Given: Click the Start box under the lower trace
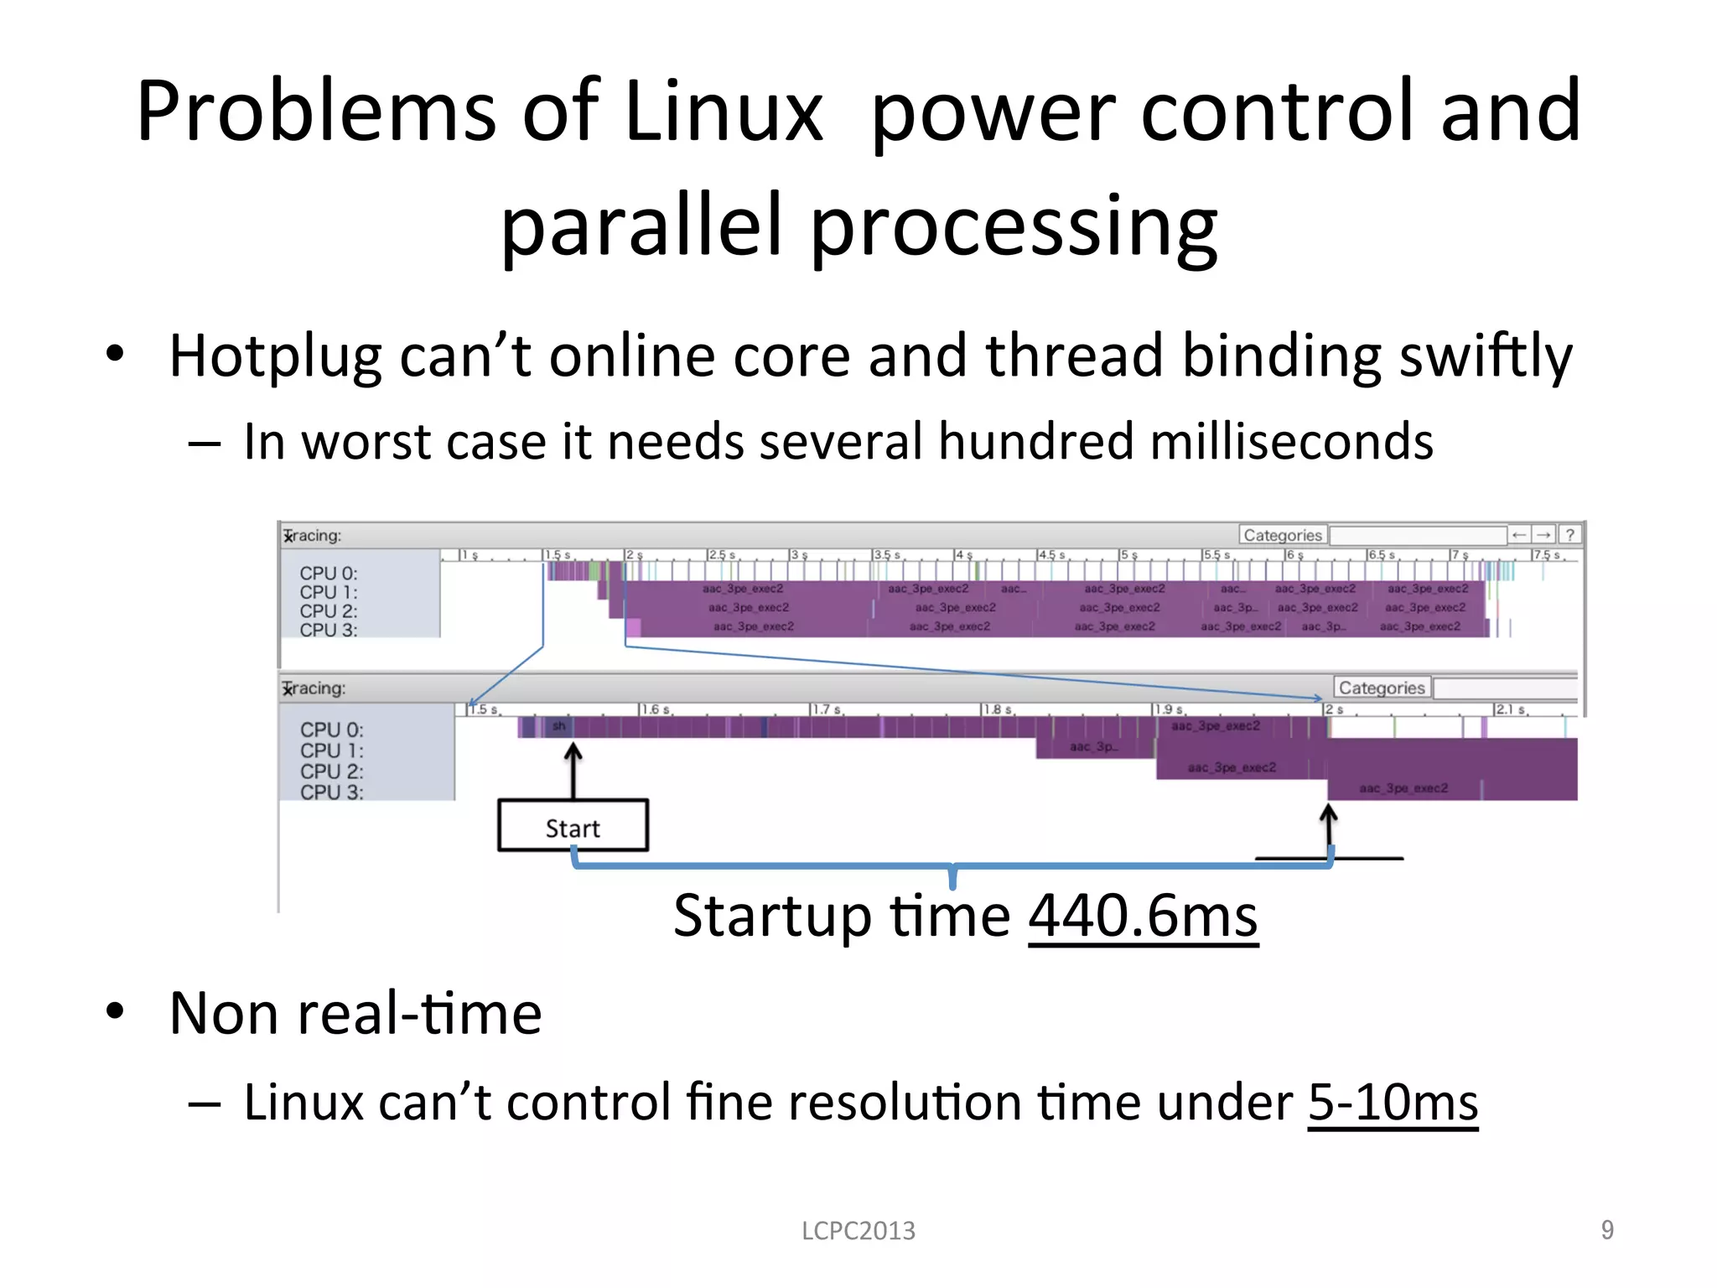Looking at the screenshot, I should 573,827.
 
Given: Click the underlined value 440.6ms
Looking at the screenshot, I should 1143,916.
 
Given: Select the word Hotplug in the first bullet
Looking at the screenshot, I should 275,356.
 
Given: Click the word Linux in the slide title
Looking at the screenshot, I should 724,112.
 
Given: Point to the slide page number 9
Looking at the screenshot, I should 1606,1229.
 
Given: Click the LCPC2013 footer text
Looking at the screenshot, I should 858,1230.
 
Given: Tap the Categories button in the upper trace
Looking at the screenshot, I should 1282,535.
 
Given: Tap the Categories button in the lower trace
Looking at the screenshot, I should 1381,688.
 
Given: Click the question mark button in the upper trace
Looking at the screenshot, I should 1569,534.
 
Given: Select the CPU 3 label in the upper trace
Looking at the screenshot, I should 329,630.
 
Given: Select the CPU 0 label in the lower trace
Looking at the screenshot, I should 332,730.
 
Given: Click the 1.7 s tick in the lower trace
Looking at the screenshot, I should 825,709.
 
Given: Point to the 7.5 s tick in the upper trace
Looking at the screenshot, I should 1546,555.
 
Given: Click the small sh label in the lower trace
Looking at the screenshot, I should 559,726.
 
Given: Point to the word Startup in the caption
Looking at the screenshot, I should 773,916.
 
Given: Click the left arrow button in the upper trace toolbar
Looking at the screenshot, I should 1518,534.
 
